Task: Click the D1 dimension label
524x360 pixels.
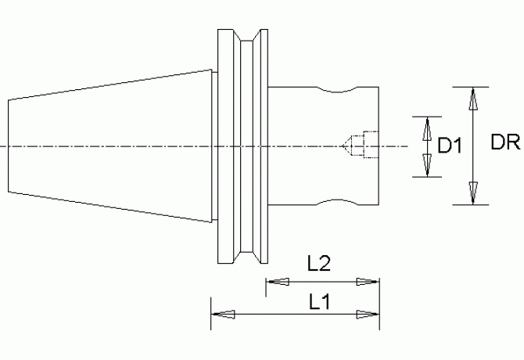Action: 450,146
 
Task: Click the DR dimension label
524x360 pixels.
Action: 505,142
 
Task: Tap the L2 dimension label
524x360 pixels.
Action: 319,263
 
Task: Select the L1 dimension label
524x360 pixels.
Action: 320,302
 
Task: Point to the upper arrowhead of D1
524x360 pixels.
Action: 427,128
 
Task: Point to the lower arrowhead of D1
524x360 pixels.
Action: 427,165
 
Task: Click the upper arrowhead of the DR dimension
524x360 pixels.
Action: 473,99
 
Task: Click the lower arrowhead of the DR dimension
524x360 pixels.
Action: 473,193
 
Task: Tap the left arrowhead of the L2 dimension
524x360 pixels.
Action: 278,282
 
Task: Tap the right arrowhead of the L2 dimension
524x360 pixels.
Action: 368,282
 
